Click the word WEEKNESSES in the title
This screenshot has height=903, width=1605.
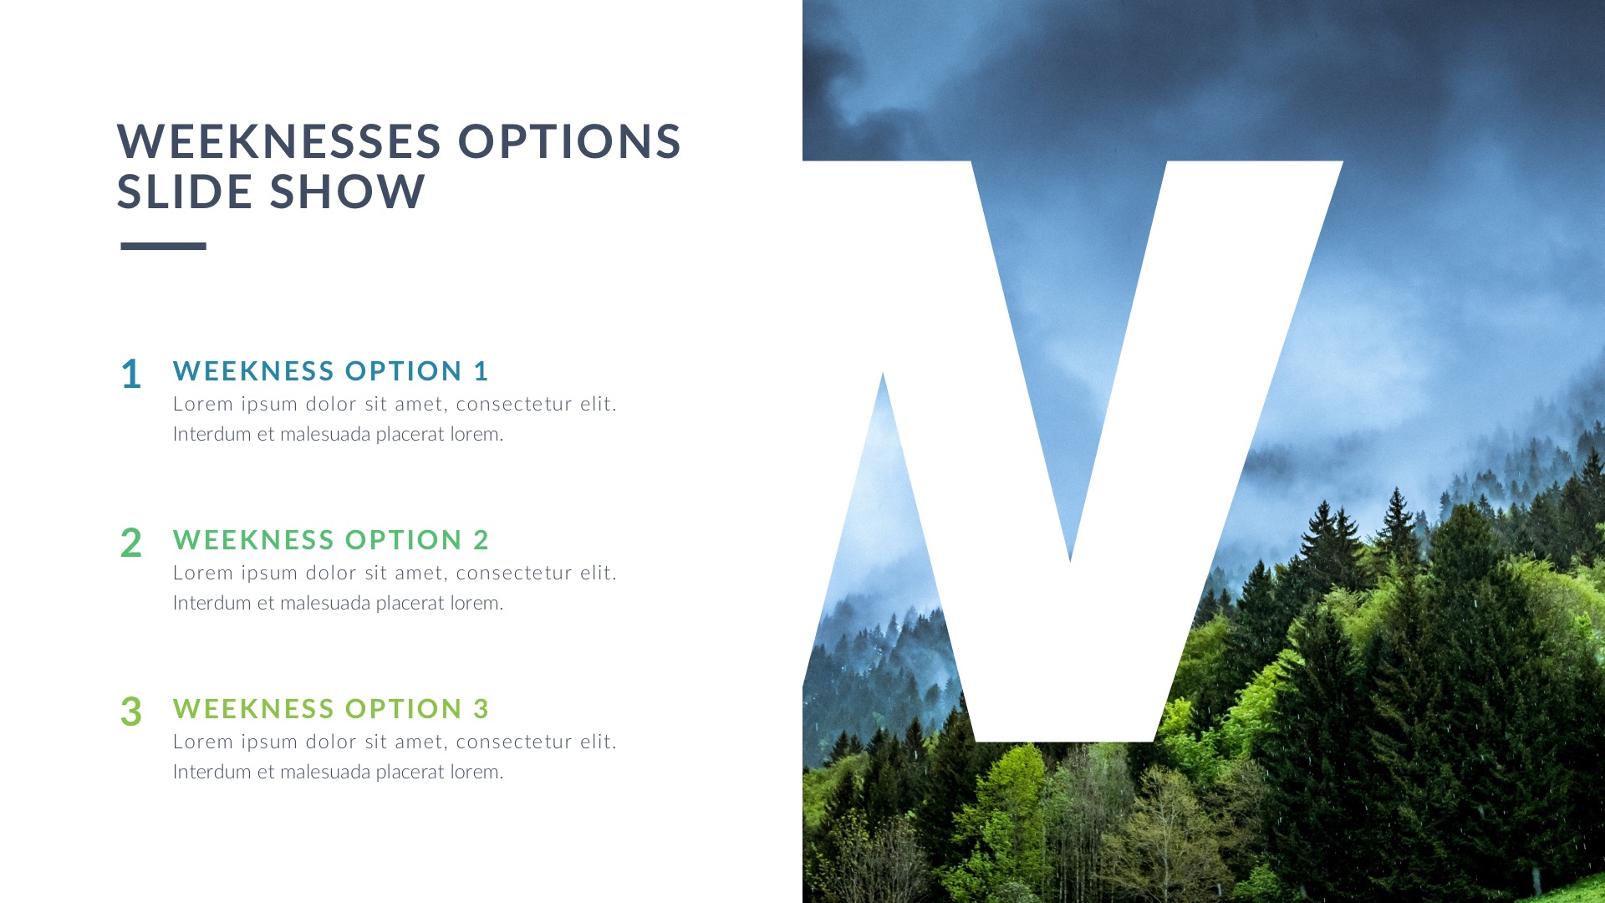(278, 141)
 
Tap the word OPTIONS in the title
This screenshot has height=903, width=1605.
(569, 141)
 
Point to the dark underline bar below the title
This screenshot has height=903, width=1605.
(163, 246)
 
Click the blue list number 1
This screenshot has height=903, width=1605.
(131, 374)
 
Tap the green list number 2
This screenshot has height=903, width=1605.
(131, 543)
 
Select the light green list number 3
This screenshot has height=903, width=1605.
(131, 712)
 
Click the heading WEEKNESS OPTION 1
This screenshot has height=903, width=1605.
(330, 370)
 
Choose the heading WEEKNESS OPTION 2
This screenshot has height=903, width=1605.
(330, 539)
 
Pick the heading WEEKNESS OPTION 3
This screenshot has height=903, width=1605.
(330, 708)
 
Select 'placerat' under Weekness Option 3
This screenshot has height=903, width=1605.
(410, 772)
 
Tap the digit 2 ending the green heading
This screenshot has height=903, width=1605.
(481, 539)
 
